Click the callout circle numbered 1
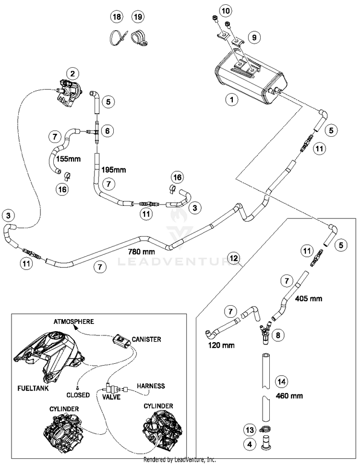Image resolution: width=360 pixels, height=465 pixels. pyautogui.click(x=231, y=100)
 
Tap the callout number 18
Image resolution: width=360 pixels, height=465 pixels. pyautogui.click(x=117, y=17)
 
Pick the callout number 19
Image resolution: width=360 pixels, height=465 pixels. pyautogui.click(x=138, y=17)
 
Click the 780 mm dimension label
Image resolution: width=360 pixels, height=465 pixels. pyautogui.click(x=142, y=252)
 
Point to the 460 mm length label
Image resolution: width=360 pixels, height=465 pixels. pyautogui.click(x=289, y=395)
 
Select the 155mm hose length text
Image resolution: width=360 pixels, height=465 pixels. pyautogui.click(x=69, y=159)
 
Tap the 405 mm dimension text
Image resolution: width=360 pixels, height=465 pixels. pyautogui.click(x=309, y=298)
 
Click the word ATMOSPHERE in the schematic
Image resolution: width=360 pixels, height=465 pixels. pyautogui.click(x=74, y=322)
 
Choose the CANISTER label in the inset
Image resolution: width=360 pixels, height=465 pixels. pyautogui.click(x=146, y=339)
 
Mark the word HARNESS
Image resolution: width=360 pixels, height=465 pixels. pyautogui.click(x=151, y=386)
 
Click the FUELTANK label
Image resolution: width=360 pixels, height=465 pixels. pyautogui.click(x=33, y=388)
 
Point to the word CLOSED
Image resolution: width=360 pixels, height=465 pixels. pyautogui.click(x=78, y=395)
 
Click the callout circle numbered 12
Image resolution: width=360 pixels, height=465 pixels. pyautogui.click(x=234, y=258)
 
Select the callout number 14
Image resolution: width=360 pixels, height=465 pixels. pyautogui.click(x=281, y=382)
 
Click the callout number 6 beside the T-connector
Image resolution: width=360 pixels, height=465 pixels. pyautogui.click(x=108, y=131)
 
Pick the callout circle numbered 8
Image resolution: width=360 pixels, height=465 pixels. pyautogui.click(x=278, y=335)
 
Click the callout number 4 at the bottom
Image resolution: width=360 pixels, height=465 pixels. pyautogui.click(x=250, y=444)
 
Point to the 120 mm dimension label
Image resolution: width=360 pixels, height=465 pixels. pyautogui.click(x=221, y=345)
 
